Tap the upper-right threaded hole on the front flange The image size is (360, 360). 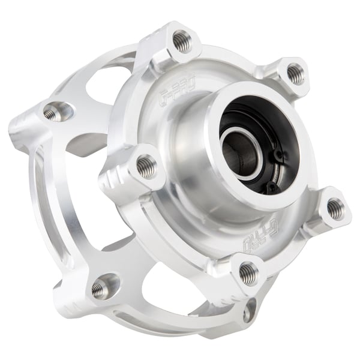(295, 73)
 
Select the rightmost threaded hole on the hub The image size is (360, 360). (335, 209)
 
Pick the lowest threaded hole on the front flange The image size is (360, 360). (248, 274)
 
